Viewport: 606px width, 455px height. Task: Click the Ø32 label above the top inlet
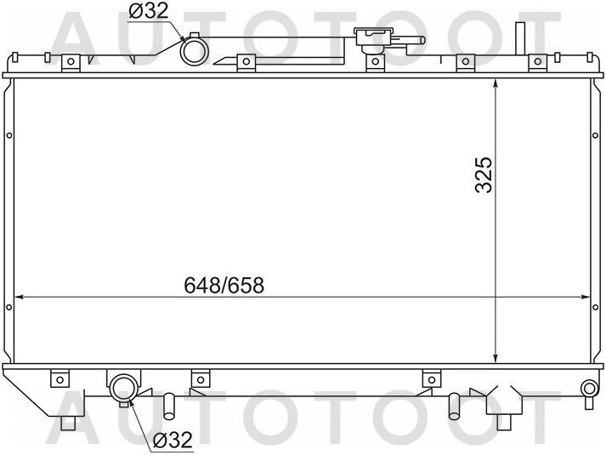pyautogui.click(x=149, y=11)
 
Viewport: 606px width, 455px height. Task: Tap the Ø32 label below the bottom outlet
pyautogui.click(x=173, y=441)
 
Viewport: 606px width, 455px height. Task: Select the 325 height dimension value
pyautogui.click(x=484, y=173)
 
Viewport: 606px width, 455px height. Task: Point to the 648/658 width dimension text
pyautogui.click(x=225, y=286)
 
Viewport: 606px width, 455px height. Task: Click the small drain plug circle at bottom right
pyautogui.click(x=586, y=389)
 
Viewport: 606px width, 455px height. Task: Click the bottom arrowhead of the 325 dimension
pyautogui.click(x=496, y=357)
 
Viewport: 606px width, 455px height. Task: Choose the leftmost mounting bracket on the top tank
pyautogui.click(x=71, y=62)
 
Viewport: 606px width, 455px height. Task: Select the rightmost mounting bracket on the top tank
pyautogui.click(x=537, y=62)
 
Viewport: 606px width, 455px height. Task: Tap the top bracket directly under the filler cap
pyautogui.click(x=372, y=62)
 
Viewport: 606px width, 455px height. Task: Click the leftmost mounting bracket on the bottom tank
pyautogui.click(x=59, y=378)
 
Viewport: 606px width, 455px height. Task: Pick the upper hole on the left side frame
pyautogui.click(x=8, y=134)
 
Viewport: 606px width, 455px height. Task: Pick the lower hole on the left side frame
pyautogui.click(x=8, y=305)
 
